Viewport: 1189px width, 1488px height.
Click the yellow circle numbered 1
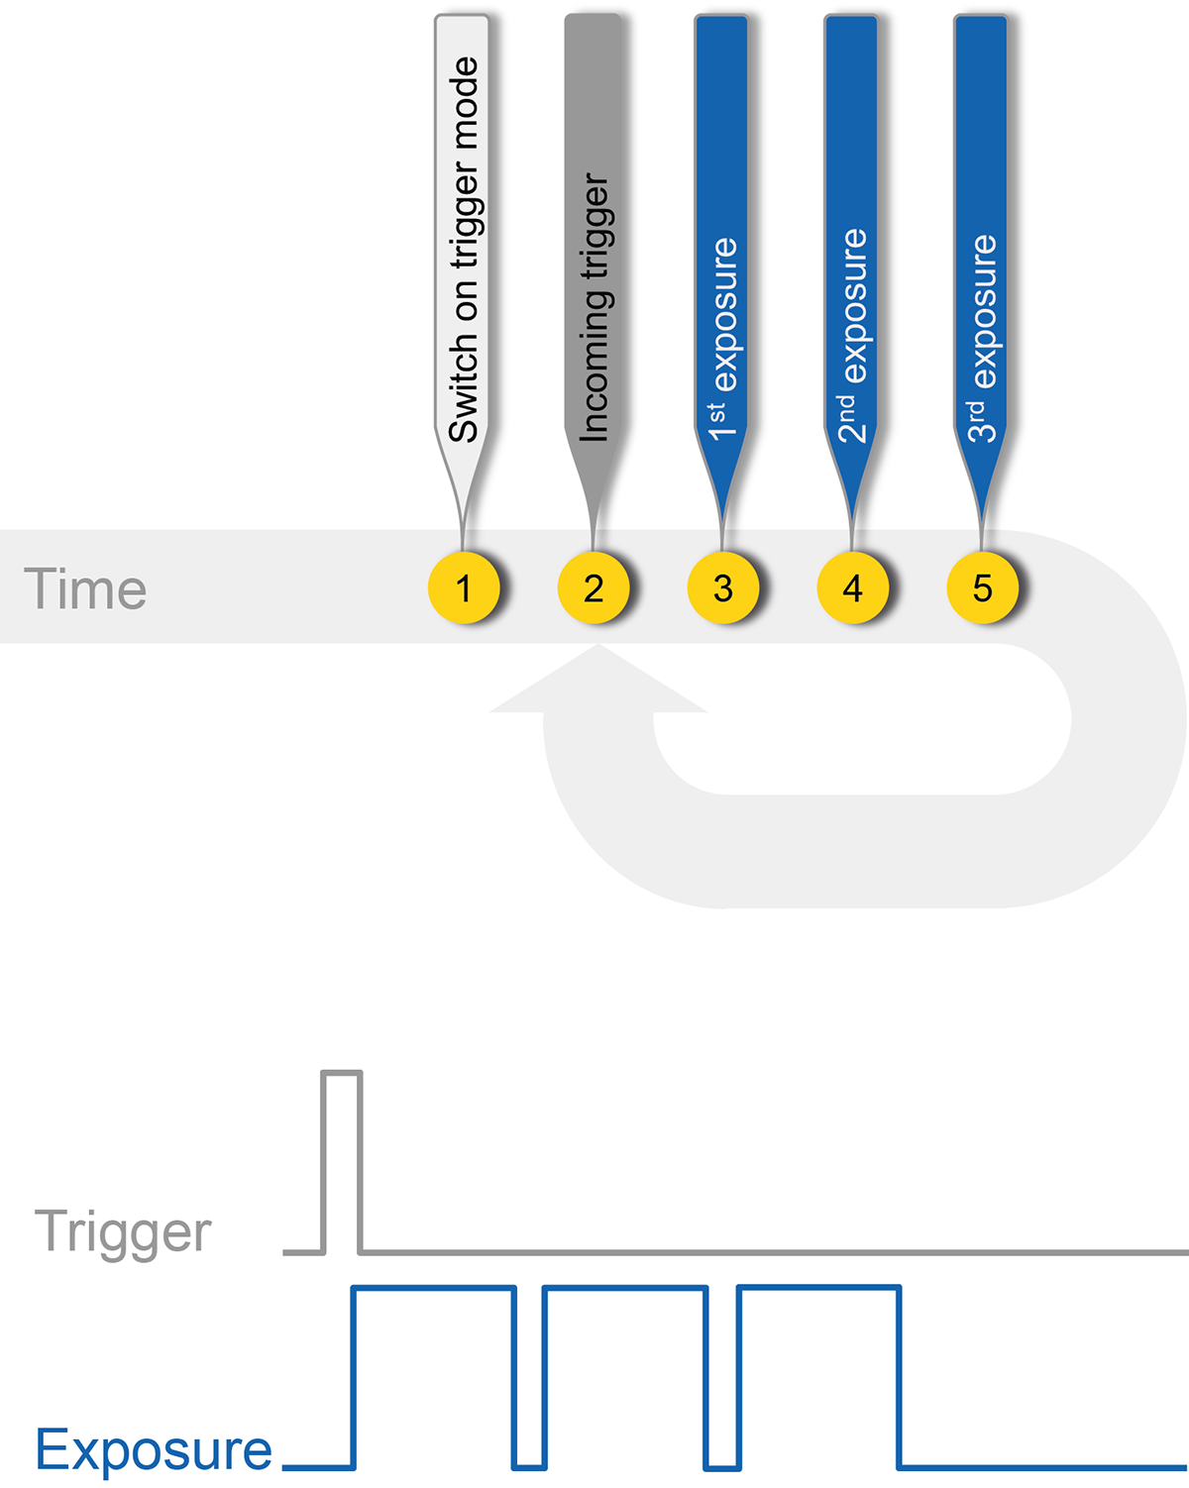[x=464, y=587]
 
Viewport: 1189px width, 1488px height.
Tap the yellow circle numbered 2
[x=594, y=587]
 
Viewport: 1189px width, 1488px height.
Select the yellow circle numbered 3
[x=722, y=587]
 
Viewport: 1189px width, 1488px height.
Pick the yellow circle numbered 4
[x=852, y=587]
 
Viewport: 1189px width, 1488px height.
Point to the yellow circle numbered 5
[x=982, y=587]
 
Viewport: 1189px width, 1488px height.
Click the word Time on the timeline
[x=85, y=589]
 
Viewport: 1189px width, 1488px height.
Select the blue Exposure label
[x=154, y=1449]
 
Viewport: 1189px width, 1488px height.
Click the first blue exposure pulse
[x=434, y=1287]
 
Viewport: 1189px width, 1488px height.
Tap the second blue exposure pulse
[x=625, y=1287]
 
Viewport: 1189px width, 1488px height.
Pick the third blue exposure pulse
[x=819, y=1286]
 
